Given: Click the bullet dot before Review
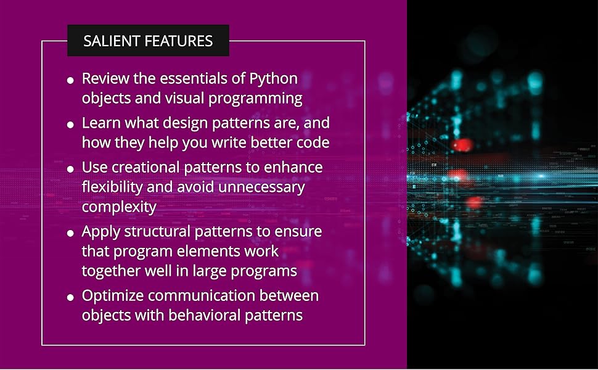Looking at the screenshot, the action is coord(70,80).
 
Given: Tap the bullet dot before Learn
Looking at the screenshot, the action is coord(70,125).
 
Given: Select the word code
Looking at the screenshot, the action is coord(315,142).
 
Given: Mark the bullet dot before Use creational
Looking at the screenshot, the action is coord(70,168).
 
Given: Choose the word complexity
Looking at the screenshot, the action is coord(119,207).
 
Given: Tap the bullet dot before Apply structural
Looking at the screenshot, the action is coord(70,232).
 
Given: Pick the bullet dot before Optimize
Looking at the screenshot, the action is coord(70,297).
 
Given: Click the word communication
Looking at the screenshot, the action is coord(202,295).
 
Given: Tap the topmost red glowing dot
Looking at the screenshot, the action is coord(462,144).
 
